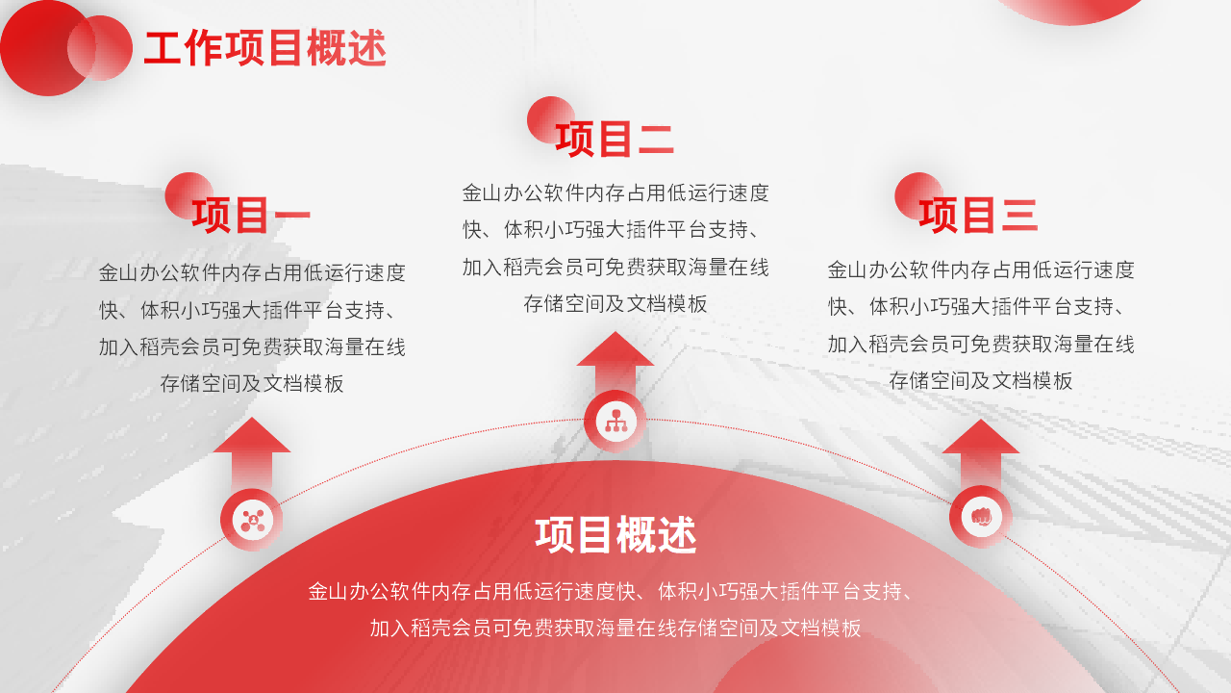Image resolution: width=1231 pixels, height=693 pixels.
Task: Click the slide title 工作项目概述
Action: point(264,48)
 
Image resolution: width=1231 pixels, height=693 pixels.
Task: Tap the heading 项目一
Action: point(251,215)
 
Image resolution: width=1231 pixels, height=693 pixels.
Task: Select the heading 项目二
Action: point(615,140)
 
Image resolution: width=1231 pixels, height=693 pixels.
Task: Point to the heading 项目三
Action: point(978,215)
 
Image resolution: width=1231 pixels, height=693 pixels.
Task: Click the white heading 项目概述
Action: point(615,534)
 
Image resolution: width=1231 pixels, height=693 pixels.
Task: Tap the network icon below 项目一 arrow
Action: point(252,520)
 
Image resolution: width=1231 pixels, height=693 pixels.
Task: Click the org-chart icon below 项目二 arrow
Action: point(615,422)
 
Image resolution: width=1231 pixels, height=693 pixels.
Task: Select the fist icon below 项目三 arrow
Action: point(981,517)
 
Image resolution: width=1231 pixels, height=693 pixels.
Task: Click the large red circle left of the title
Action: point(47,48)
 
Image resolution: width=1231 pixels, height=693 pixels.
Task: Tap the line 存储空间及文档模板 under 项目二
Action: point(615,303)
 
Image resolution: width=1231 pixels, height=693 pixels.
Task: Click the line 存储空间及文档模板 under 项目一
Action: point(252,383)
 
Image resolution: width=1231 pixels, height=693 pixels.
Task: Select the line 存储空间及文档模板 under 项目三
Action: point(981,380)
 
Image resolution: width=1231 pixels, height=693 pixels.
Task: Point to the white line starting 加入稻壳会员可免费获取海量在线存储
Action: point(615,628)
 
